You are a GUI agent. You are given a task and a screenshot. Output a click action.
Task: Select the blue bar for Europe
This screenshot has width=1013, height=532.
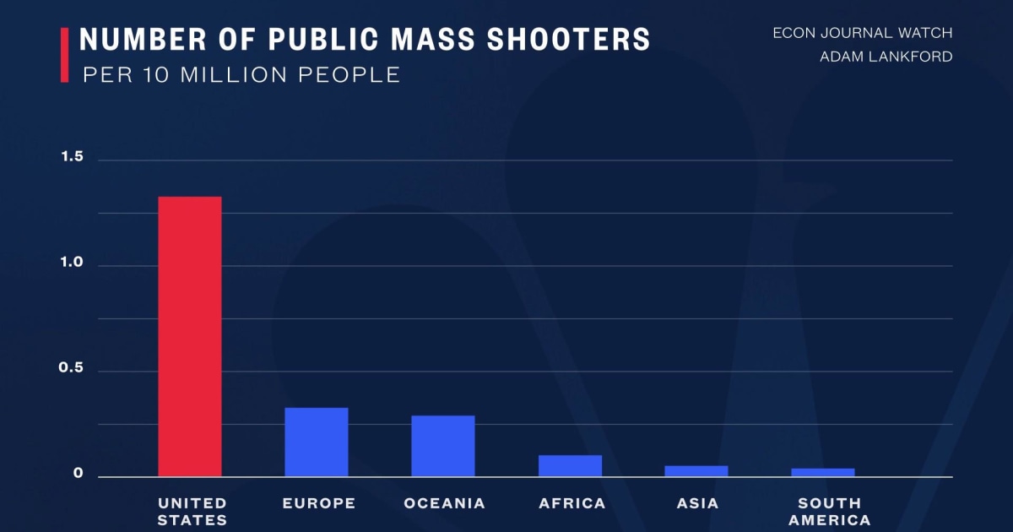coord(317,442)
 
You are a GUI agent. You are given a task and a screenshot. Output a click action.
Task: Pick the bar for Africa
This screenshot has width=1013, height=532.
coord(570,466)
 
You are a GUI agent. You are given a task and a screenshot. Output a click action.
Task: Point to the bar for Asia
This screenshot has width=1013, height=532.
coord(696,471)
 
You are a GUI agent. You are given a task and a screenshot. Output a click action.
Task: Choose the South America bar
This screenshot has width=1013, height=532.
coord(823,472)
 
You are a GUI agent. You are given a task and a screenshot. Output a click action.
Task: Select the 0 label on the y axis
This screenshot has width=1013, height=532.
coord(79,475)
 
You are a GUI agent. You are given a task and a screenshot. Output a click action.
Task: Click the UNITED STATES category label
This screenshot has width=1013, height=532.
coord(192,512)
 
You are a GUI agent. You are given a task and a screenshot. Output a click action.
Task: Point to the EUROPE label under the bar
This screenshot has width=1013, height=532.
coord(319,503)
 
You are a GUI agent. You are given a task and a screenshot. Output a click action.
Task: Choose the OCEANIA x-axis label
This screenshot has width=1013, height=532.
coord(445,503)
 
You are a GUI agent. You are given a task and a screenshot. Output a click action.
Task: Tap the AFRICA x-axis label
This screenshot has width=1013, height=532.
coord(572,503)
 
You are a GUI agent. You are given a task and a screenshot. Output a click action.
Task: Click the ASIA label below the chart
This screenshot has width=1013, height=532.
coord(697,503)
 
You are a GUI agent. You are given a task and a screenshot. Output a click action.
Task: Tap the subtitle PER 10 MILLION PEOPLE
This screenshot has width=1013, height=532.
coord(241,74)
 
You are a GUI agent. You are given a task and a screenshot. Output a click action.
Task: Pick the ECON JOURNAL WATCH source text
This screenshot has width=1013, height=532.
coord(862,34)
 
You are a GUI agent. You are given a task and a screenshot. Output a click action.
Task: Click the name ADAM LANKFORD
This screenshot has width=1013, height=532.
coord(886,57)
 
